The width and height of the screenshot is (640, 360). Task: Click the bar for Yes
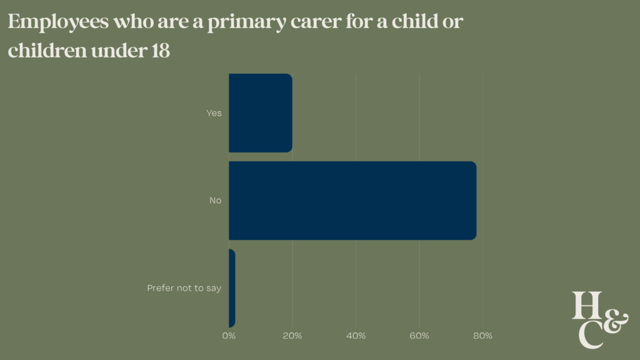pos(260,113)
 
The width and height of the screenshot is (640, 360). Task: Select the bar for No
pos(352,201)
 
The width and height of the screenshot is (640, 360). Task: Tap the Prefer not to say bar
pos(232,288)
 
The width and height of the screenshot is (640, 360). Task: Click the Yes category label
pos(214,113)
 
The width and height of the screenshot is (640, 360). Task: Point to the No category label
pos(216,201)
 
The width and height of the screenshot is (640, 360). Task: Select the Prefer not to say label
pos(184,288)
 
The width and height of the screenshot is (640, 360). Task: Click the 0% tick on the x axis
pos(229,336)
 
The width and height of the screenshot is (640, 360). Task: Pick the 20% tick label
pos(292,336)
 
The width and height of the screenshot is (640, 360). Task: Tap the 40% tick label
pos(356,336)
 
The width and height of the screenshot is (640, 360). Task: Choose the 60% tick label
pos(419,336)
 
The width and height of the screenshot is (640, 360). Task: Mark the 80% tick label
pos(482,336)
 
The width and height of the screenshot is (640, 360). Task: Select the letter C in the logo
pos(591,334)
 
